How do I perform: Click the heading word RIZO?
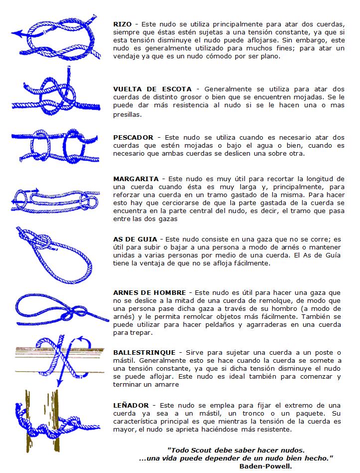coord(123,24)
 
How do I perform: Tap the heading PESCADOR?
coord(133,137)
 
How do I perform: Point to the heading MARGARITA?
coord(136,179)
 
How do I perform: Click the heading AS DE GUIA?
coord(135,239)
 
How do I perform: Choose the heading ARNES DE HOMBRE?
coord(150,292)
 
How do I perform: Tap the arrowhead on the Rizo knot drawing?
coord(16,34)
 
